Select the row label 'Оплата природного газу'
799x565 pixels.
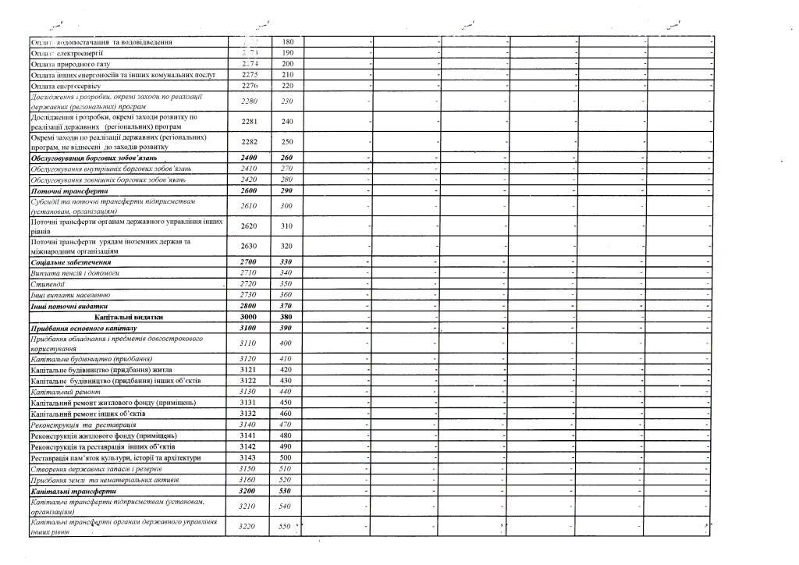point(69,64)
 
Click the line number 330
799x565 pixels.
point(286,262)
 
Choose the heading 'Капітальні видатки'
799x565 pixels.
point(129,318)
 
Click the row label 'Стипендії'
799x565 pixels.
point(47,284)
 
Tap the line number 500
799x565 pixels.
point(286,457)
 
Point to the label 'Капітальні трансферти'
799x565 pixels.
point(73,492)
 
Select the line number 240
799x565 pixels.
point(286,121)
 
